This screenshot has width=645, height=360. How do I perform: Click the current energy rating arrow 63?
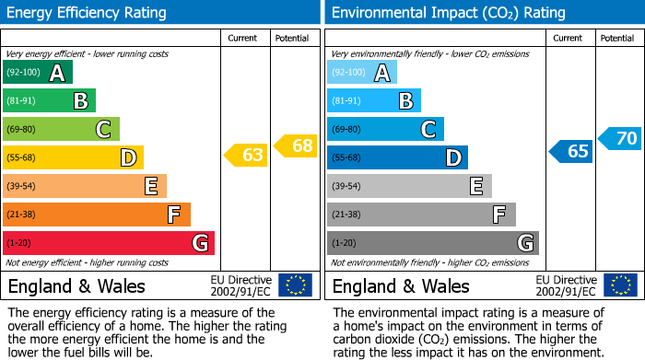(x=247, y=155)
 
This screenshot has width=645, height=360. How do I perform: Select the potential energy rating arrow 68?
(x=297, y=145)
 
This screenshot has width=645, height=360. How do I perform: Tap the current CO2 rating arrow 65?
(x=571, y=151)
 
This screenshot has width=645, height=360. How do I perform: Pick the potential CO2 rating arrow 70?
(x=621, y=139)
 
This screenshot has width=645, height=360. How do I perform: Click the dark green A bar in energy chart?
(x=37, y=73)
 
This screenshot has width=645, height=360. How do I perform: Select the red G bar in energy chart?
(x=108, y=243)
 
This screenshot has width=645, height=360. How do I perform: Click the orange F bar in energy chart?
(x=96, y=215)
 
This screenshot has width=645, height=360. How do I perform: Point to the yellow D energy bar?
(x=73, y=157)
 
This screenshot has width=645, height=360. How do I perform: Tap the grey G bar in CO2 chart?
(x=432, y=243)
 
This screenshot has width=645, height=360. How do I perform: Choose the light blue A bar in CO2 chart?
(x=361, y=73)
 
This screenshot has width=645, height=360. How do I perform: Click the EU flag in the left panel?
(x=295, y=285)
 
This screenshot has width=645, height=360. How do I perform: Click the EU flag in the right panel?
(x=619, y=285)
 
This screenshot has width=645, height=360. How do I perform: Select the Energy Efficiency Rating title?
(x=88, y=13)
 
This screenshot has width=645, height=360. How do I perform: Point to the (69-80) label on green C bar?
(x=22, y=130)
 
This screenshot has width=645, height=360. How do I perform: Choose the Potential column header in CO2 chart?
(x=617, y=38)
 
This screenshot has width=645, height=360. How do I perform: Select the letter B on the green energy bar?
(x=80, y=101)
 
